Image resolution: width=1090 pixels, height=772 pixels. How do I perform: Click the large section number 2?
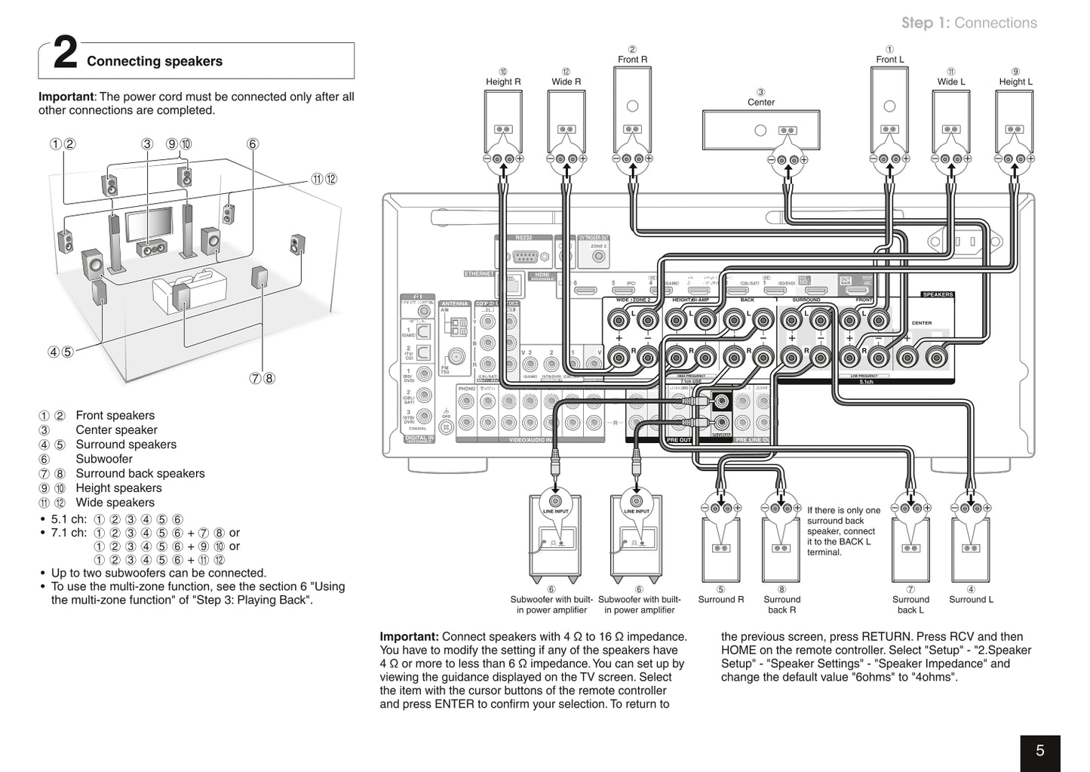pos(66,55)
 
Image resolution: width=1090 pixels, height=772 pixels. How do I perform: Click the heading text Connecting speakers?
pos(155,62)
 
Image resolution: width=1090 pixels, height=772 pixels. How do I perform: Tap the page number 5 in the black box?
pos(1039,751)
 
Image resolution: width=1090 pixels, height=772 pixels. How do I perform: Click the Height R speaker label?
pos(503,82)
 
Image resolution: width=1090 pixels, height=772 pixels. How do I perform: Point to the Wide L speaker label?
pos(951,82)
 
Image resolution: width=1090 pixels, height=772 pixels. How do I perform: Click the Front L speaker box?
pos(889,109)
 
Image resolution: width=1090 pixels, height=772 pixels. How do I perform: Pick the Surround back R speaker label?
pos(781,604)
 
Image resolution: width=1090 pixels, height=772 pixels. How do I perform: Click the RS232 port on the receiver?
pos(524,254)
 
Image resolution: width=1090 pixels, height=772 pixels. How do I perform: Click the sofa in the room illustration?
pos(189,291)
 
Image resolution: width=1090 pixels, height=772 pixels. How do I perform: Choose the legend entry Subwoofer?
pos(104,459)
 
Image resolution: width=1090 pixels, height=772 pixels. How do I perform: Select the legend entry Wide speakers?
pos(115,503)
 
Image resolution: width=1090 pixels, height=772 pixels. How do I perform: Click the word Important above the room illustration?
pos(66,97)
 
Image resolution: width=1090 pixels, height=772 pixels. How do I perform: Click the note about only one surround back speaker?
pos(843,531)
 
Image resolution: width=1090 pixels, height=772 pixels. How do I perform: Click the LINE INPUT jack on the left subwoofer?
pos(555,501)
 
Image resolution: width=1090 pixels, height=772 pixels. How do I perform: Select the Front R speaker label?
pos(632,60)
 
